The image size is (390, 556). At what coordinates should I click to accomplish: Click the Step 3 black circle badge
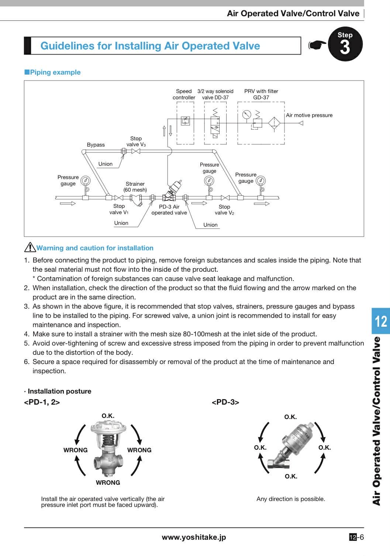point(345,44)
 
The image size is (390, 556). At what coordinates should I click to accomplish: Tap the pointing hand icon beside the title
point(317,45)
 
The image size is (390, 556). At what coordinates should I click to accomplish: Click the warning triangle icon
point(30,247)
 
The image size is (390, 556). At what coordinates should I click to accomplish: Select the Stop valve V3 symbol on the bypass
point(136,151)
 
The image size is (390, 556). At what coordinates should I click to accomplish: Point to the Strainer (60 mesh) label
point(135,187)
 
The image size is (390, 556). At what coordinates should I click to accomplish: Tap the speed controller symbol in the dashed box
point(185,121)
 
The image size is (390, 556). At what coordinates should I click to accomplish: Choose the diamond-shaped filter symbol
point(274,123)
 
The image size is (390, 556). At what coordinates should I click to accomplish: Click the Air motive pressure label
point(309,115)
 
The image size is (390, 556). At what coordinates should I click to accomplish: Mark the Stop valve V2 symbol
point(225,198)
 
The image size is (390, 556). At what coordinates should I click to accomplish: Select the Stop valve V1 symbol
point(119,198)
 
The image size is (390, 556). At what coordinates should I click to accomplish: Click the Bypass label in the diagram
point(96,145)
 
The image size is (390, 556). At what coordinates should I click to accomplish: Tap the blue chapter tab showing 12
point(380,321)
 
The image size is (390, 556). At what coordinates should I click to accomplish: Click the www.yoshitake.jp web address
point(194,538)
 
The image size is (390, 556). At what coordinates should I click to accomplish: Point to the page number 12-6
point(356,538)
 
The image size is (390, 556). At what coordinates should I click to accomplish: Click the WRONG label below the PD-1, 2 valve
point(108,483)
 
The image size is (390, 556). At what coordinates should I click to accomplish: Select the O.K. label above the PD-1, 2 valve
point(108,416)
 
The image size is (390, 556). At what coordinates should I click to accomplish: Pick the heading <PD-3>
point(225,402)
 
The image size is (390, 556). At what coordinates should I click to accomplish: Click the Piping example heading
point(52,72)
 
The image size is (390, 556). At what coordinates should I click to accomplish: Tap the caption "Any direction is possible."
point(291,499)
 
